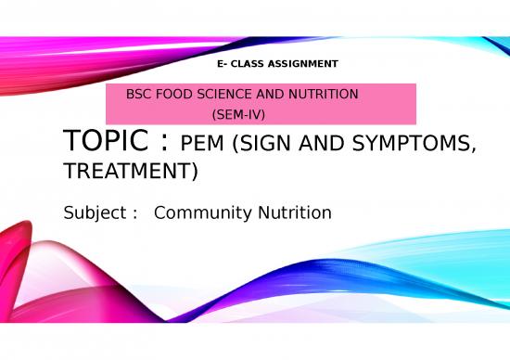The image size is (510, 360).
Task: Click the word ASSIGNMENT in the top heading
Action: click(x=305, y=63)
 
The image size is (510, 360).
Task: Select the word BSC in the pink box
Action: click(x=138, y=95)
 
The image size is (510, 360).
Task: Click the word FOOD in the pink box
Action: click(x=172, y=95)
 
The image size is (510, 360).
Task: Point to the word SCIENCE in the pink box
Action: click(x=222, y=95)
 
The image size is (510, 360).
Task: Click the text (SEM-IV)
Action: click(x=239, y=112)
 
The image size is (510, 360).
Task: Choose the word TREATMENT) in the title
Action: click(x=130, y=172)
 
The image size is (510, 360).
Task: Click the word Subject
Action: click(x=95, y=213)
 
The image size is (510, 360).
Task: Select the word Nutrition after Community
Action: click(x=294, y=212)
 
